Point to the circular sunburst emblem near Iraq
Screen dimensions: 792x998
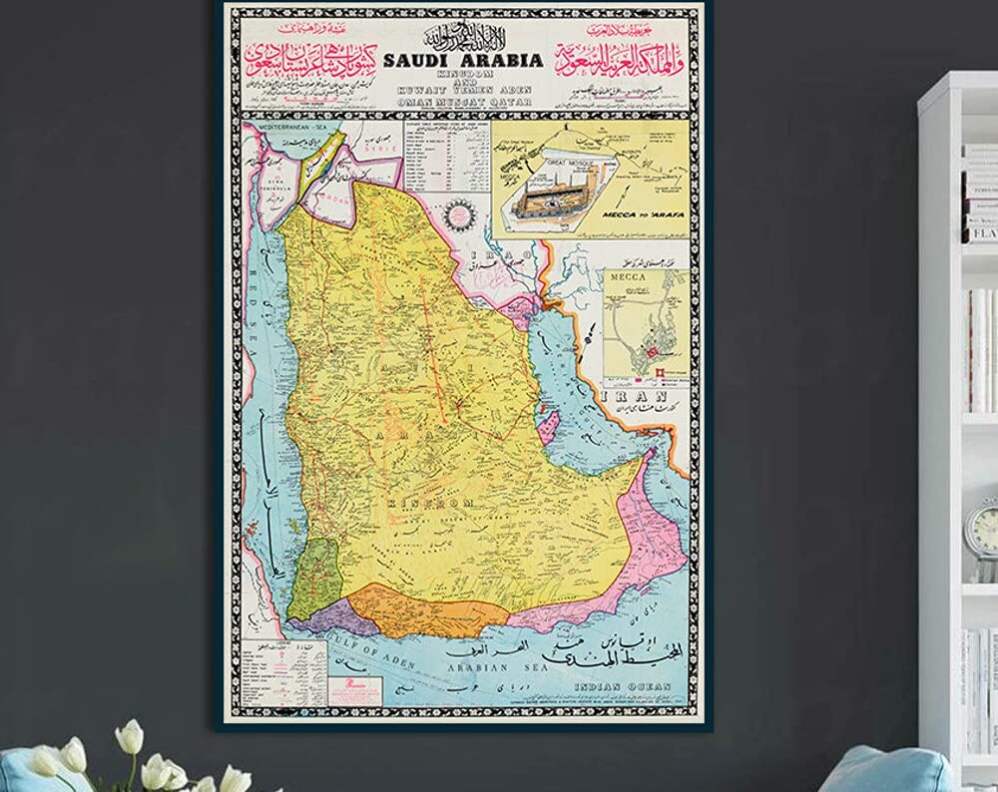(461, 212)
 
